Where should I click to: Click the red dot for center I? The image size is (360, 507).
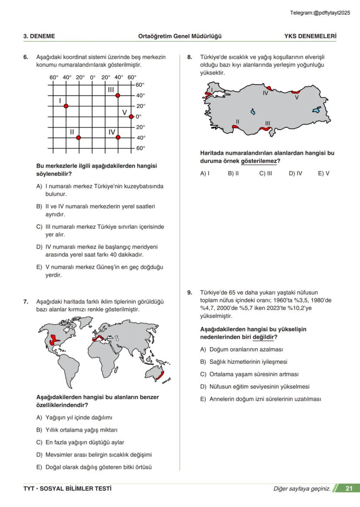click(66, 106)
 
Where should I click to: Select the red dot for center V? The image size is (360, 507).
click(131, 116)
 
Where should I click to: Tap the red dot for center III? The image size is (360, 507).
click(117, 95)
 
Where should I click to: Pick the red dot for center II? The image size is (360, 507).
click(78, 138)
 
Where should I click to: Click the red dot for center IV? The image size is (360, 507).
click(117, 138)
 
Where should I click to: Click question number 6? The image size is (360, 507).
click(26, 57)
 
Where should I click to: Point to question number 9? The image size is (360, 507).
click(190, 293)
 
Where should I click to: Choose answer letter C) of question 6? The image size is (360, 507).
click(39, 227)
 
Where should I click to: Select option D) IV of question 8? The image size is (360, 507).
click(295, 173)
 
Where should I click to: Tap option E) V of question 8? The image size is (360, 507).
click(323, 173)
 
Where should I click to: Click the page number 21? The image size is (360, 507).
click(349, 488)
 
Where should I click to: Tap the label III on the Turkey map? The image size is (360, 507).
click(267, 123)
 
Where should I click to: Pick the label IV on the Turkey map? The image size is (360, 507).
click(265, 93)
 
